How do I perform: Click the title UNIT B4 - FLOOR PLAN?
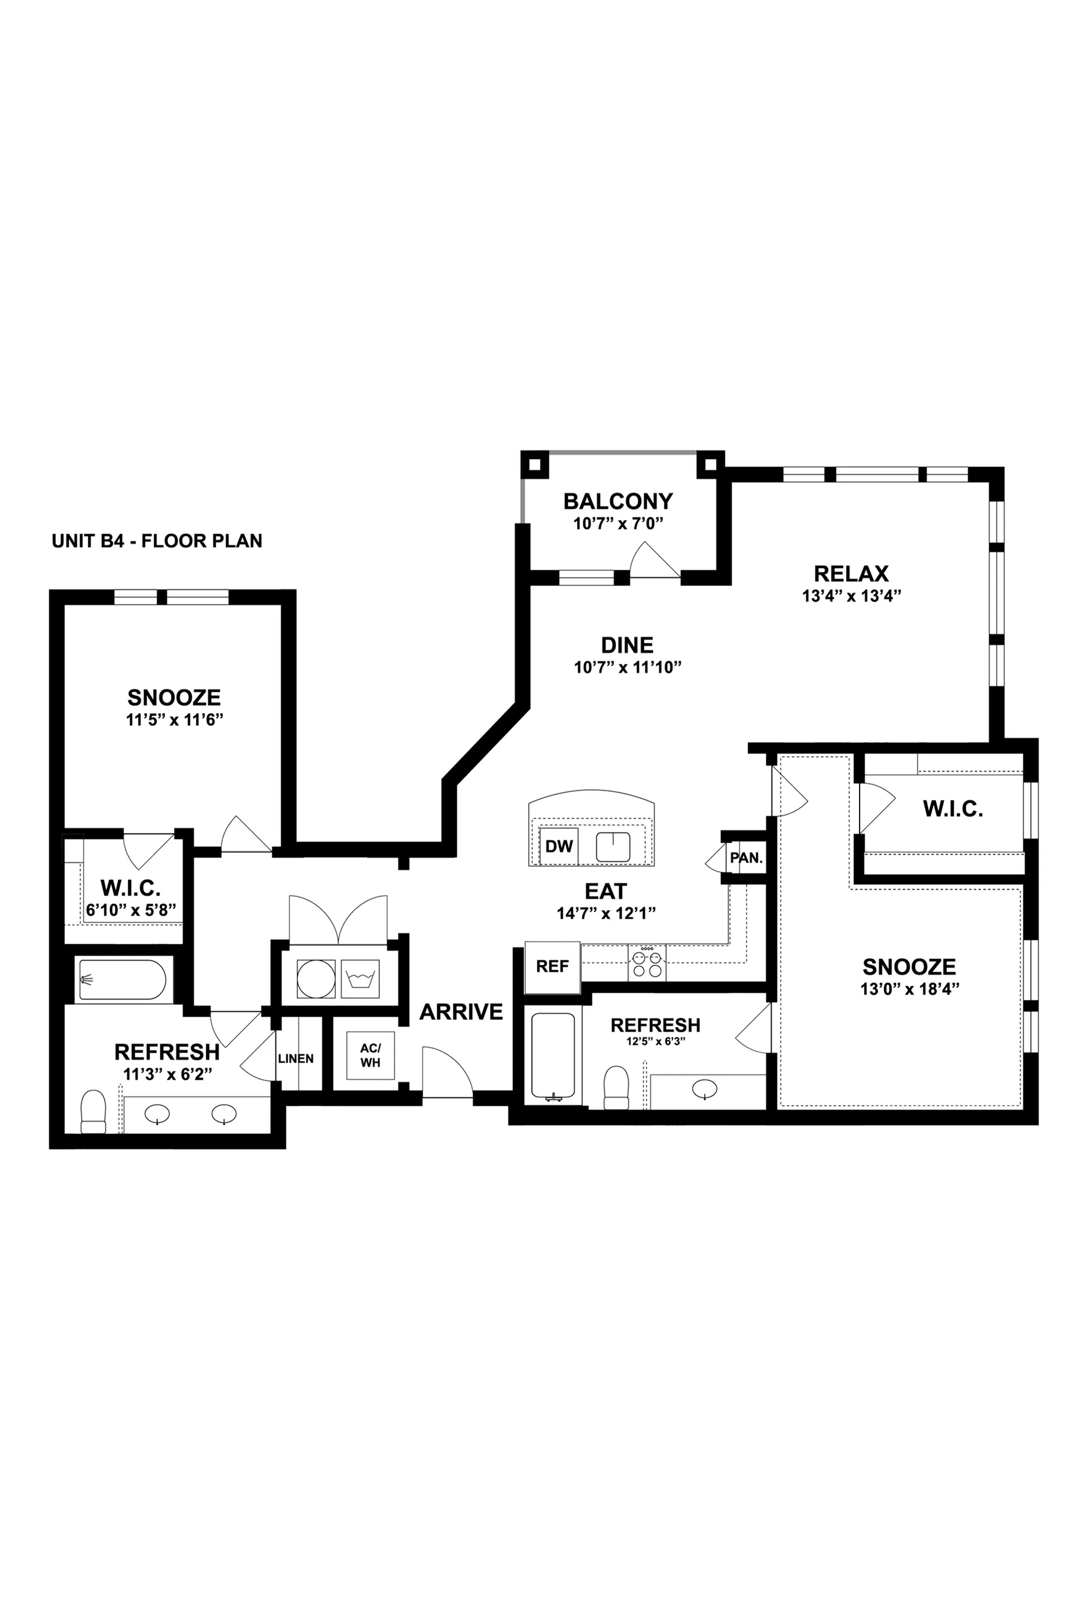point(157,541)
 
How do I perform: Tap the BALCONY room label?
point(618,501)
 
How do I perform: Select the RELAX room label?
point(852,574)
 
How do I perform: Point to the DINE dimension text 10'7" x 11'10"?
point(627,668)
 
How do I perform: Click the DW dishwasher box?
point(559,846)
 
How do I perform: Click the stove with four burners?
point(647,963)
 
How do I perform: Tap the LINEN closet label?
point(296,1058)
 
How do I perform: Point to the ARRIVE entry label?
point(461,1012)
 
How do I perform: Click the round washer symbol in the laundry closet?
point(316,978)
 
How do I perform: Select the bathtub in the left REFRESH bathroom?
point(122,979)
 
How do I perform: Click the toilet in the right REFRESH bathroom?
point(616,1087)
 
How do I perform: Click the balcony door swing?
point(655,559)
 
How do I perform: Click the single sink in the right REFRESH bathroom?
point(705,1089)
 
